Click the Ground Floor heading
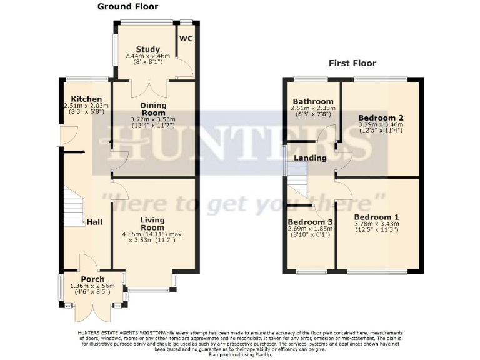[128, 7]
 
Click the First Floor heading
[354, 63]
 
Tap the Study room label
[148, 49]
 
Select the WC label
[186, 39]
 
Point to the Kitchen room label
[86, 99]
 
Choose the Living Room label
[152, 224]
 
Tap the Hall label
[95, 222]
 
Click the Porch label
[92, 279]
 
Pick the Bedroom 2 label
[381, 117]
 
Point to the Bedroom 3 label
[310, 222]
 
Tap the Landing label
[311, 158]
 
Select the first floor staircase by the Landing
[299, 184]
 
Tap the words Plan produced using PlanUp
[239, 354]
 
